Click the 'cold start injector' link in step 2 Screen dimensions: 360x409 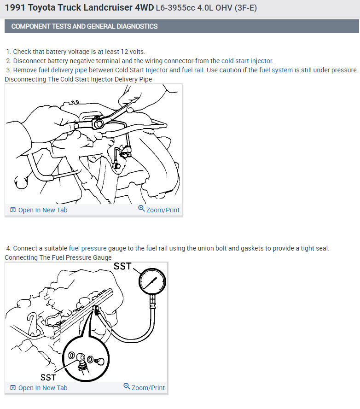(247, 61)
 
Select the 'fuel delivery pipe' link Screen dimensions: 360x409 (63, 70)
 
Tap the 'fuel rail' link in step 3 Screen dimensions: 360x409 (192, 70)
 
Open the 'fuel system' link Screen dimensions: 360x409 (276, 70)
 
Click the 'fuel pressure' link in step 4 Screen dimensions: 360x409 (87, 248)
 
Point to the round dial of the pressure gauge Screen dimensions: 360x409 (152, 281)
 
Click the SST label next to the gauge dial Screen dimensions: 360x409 (122, 266)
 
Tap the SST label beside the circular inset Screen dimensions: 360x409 (48, 377)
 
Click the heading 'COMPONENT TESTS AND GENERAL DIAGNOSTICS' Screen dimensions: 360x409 (84, 26)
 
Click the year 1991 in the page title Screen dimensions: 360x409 (15, 7)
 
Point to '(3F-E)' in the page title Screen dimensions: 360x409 (245, 8)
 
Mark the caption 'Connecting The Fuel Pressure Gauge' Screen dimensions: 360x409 (58, 257)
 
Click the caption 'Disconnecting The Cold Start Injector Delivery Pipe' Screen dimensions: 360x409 (78, 79)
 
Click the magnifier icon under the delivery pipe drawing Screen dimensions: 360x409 (141, 208)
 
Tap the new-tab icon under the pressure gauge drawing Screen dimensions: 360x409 (13, 388)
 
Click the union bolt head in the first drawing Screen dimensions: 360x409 (98, 123)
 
